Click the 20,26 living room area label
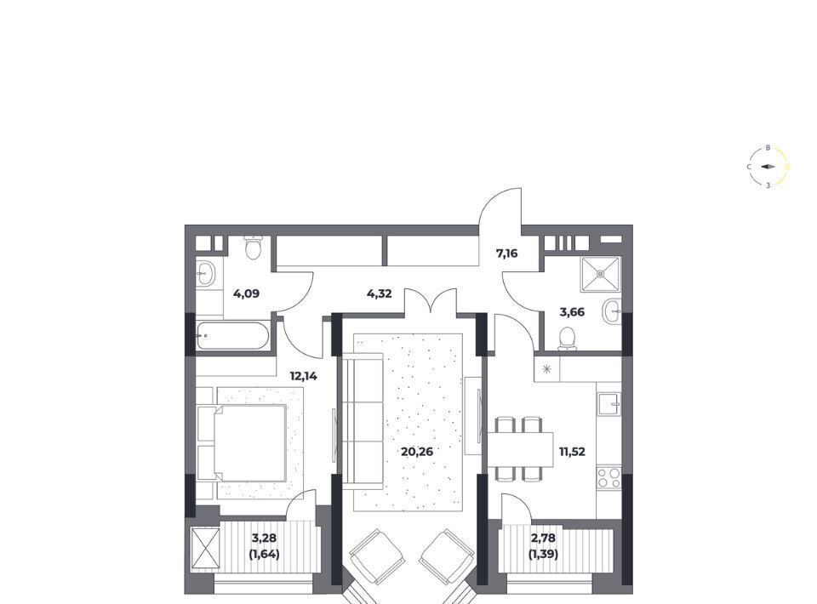417,452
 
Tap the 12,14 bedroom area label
304,376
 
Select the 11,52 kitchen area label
572,452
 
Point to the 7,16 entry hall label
507,254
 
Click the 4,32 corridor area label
380,293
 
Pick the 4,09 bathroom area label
247,293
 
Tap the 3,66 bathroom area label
572,312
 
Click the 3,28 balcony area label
264,538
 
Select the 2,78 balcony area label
543,538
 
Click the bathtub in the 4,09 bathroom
232,336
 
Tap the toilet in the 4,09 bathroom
254,248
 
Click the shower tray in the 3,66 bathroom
600,273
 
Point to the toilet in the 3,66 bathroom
567,339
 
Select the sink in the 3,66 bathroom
612,312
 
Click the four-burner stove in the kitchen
608,478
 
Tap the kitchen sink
609,404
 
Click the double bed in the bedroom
242,442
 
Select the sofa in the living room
363,422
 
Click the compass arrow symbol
768,167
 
